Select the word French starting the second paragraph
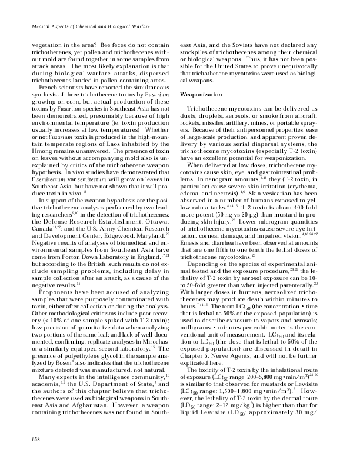pyautogui.click(x=48, y=86)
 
